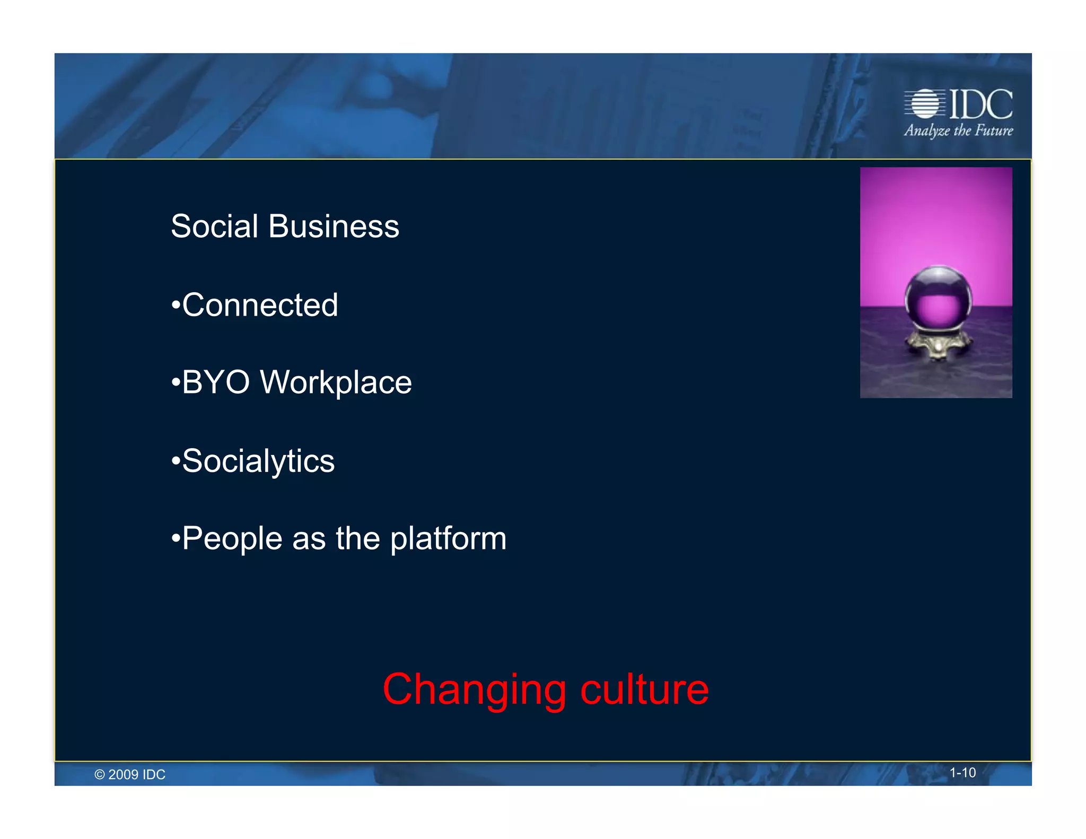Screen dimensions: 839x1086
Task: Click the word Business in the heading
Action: pos(334,226)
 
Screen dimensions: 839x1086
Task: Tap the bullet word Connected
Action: pos(260,305)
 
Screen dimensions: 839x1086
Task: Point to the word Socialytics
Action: pos(258,461)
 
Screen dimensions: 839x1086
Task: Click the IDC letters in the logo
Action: pos(980,104)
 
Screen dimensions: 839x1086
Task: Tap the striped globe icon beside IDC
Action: pos(925,104)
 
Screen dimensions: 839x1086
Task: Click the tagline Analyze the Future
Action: pos(958,130)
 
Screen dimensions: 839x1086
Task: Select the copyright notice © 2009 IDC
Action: pos(130,775)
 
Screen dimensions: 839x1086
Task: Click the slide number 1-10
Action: pos(962,773)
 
